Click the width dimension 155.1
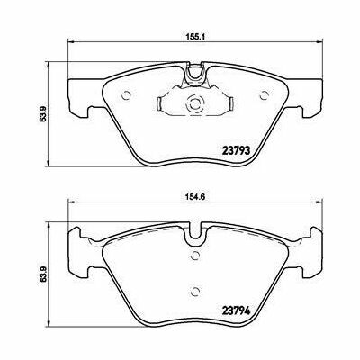coord(193,38)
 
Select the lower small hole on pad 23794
coord(194,290)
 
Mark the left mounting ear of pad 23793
coord(79,109)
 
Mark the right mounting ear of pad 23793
coord(310,109)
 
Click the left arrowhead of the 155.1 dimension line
coord(73,47)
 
